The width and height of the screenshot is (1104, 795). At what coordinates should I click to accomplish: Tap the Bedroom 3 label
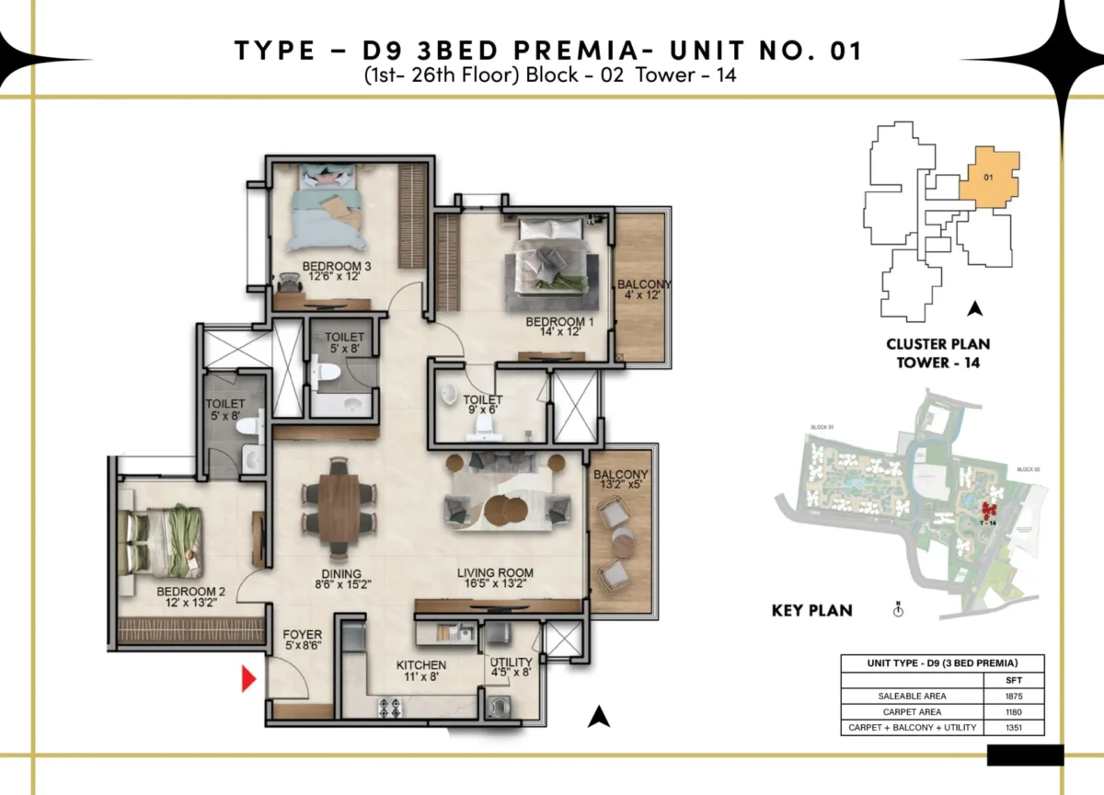click(336, 267)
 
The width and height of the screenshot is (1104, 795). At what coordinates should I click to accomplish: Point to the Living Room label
click(495, 572)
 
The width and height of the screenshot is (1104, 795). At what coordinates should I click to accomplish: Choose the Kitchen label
click(421, 664)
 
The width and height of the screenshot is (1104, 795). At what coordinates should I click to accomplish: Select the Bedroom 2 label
click(190, 591)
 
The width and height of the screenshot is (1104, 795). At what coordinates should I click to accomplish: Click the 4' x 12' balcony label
click(643, 296)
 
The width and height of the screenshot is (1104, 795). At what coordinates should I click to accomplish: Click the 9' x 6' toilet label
click(482, 406)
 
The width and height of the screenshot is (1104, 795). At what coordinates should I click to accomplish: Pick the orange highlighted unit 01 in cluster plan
click(989, 177)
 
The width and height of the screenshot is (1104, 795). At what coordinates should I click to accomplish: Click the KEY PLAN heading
click(811, 610)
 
